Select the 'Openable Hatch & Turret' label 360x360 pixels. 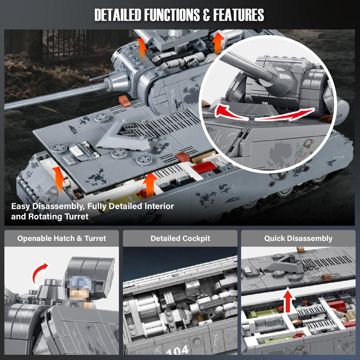point(62,238)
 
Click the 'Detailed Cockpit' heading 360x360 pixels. point(180,238)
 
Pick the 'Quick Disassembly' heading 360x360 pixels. point(298,238)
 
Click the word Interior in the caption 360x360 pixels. point(155,206)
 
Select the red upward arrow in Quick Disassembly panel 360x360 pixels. point(288,297)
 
